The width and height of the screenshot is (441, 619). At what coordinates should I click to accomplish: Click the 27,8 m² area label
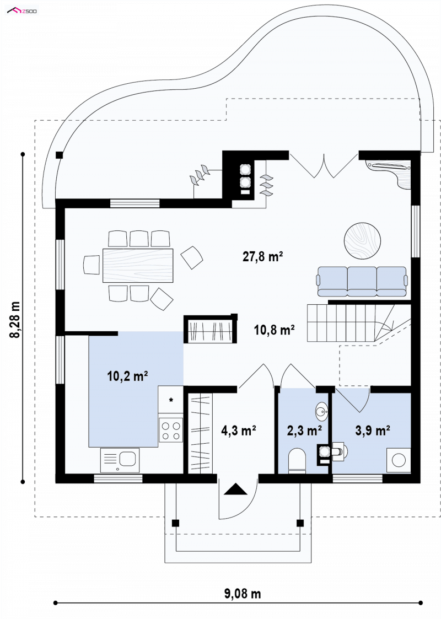262,257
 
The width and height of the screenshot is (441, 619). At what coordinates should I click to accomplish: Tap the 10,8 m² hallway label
274,330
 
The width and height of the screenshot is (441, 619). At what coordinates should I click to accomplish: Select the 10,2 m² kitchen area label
127,376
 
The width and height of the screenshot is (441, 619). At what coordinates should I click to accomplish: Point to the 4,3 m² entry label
239,430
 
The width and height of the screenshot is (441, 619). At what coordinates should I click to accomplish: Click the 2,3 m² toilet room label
304,430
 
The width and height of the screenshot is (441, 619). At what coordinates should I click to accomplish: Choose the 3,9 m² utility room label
373,430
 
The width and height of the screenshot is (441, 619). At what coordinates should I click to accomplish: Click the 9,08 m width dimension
243,593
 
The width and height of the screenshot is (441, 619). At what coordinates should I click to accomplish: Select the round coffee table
362,241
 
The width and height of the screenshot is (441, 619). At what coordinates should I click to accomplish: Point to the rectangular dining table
138,265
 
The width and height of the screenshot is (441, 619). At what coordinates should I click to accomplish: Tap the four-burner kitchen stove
170,430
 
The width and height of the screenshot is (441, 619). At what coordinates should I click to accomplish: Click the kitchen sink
120,460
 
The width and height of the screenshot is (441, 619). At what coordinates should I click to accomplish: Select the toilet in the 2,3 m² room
297,461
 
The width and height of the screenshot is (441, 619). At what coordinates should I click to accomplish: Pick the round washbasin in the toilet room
322,411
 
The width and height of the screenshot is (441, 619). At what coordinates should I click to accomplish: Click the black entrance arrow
236,489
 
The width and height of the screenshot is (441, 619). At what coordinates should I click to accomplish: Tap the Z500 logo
22,10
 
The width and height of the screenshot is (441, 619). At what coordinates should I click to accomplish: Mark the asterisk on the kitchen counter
171,401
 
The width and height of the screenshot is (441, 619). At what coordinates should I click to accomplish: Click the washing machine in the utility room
399,460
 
